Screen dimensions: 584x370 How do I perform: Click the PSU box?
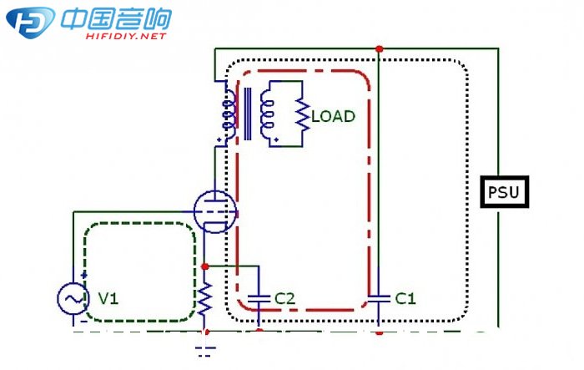pos(504,192)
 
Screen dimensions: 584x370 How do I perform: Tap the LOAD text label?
pos(333,116)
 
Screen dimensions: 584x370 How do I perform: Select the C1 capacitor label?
pos(405,298)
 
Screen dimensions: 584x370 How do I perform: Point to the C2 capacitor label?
pos(285,298)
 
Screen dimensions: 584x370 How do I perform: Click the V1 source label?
pos(108,298)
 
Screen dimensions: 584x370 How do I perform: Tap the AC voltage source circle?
pos(73,299)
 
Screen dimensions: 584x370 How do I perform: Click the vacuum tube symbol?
pos(215,211)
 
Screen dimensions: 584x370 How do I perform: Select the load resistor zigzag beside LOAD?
pos(303,114)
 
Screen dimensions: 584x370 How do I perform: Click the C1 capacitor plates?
pos(379,298)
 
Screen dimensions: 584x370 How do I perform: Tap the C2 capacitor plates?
pos(259,298)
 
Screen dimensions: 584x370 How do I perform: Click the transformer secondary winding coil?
pos(267,114)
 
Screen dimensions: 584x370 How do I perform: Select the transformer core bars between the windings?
pos(247,114)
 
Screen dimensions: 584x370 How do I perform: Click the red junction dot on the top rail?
pos(379,48)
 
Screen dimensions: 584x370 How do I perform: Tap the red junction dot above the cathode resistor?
pos(204,266)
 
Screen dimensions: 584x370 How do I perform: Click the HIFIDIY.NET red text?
pos(126,36)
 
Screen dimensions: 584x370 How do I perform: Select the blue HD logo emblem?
pos(31,22)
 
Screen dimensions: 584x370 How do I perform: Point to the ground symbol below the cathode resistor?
pos(205,352)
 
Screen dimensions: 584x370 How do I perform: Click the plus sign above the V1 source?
pos(84,276)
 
